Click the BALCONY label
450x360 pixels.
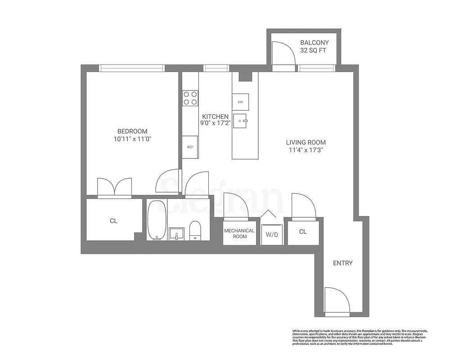click(315, 43)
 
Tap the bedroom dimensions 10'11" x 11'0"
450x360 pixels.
click(132, 139)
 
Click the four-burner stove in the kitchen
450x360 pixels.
click(190, 98)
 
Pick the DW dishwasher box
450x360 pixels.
click(240, 102)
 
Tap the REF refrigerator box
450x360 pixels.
click(190, 147)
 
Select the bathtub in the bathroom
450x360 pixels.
click(156, 220)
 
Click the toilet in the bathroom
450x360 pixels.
click(195, 230)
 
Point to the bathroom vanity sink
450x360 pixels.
click(176, 234)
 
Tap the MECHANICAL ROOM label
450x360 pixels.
click(239, 234)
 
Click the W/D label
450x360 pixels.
click(271, 234)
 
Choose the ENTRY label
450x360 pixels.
click(342, 263)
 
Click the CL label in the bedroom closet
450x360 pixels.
click(113, 221)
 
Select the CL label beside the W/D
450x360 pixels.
click(303, 232)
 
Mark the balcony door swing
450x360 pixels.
click(284, 54)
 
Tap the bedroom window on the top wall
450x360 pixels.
click(132, 68)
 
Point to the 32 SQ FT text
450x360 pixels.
click(315, 51)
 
